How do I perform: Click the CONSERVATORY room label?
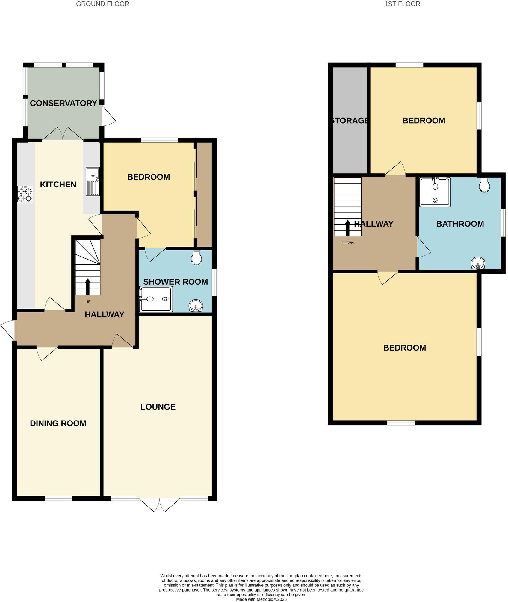point(63,103)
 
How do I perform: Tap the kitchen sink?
point(93,181)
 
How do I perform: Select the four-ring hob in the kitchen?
point(25,194)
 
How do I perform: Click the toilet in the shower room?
point(196,258)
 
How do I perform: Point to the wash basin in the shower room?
point(196,306)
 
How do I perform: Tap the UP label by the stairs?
point(88,302)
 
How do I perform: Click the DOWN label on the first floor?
point(347,243)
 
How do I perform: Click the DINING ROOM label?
point(58,423)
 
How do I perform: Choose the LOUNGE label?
point(158,407)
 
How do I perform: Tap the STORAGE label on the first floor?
point(350,121)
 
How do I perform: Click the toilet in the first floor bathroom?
point(484,185)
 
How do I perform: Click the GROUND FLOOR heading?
point(102,4)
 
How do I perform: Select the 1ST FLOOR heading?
point(402,4)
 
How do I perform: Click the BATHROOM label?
point(460,224)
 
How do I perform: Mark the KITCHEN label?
point(58,185)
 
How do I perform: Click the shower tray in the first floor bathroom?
point(435,192)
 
